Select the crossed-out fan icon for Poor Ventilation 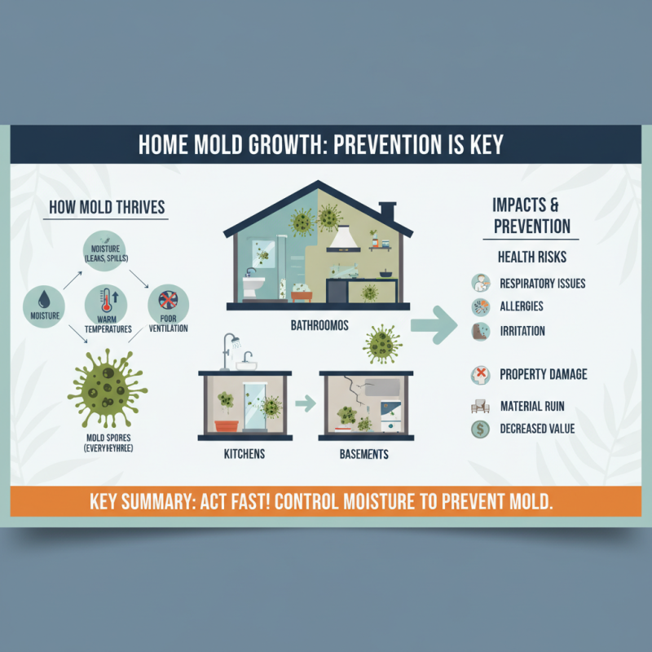[x=166, y=299]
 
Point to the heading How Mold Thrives [x=106, y=207]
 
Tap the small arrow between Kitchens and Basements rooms [x=304, y=403]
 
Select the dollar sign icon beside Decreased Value [x=478, y=429]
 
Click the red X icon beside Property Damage [x=479, y=375]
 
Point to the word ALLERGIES [x=521, y=306]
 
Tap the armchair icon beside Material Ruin [x=479, y=405]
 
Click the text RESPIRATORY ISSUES [x=542, y=284]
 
